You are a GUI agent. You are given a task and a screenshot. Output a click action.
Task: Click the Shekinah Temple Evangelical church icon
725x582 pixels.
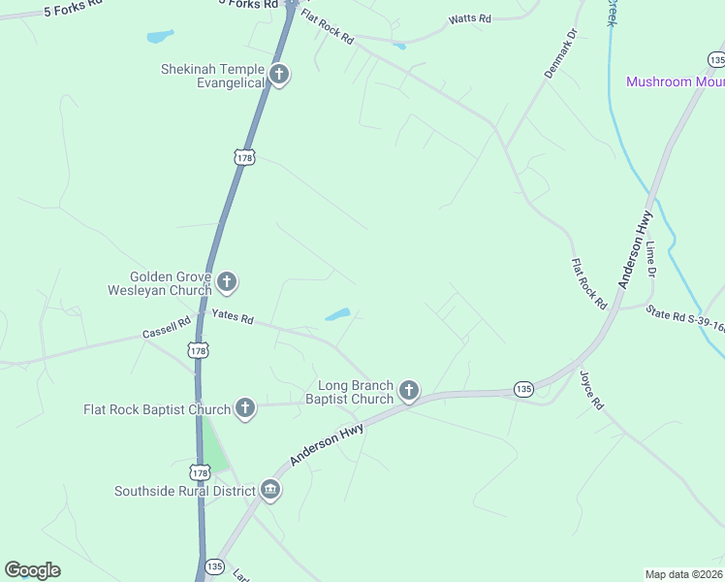pos(279,75)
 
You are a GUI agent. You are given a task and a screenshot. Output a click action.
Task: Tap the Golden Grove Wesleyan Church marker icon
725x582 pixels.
pos(227,283)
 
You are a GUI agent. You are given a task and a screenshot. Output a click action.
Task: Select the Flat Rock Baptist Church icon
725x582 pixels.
pos(245,408)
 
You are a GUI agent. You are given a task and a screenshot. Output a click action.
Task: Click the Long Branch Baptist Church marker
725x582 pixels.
pos(409,391)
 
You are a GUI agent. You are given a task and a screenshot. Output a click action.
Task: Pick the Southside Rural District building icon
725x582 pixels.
pos(270,490)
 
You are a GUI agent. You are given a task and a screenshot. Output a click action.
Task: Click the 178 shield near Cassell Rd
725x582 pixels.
pos(198,350)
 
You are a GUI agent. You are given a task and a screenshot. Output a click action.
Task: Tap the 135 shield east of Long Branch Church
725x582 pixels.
pos(523,389)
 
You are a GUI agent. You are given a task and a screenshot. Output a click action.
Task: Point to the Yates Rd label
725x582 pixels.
pos(233,317)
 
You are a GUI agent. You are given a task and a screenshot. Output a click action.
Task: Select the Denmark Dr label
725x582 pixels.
pos(560,53)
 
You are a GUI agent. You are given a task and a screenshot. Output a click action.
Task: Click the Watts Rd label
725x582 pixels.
pos(470,19)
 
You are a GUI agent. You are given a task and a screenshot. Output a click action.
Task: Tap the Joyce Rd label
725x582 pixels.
pos(592,389)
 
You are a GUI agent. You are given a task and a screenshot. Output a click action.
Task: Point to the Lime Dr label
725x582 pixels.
pos(652,261)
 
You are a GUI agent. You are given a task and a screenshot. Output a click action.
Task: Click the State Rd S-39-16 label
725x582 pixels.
pos(684,319)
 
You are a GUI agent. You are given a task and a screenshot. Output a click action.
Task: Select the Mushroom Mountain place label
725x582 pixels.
pos(675,81)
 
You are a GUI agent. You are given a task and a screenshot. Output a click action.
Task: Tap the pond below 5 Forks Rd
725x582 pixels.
pos(160,37)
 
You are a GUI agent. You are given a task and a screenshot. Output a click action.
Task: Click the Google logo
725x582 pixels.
pos(33,570)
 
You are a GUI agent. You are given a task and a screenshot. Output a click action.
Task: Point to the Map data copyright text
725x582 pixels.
pos(683,573)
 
